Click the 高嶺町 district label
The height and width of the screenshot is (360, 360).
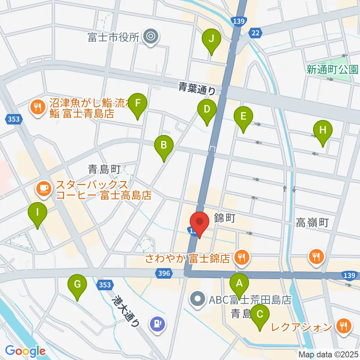point(312,223)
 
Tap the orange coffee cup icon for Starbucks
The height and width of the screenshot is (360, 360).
point(44,187)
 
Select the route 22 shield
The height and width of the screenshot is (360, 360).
point(255,33)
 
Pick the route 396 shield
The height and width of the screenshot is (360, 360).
point(164,274)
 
